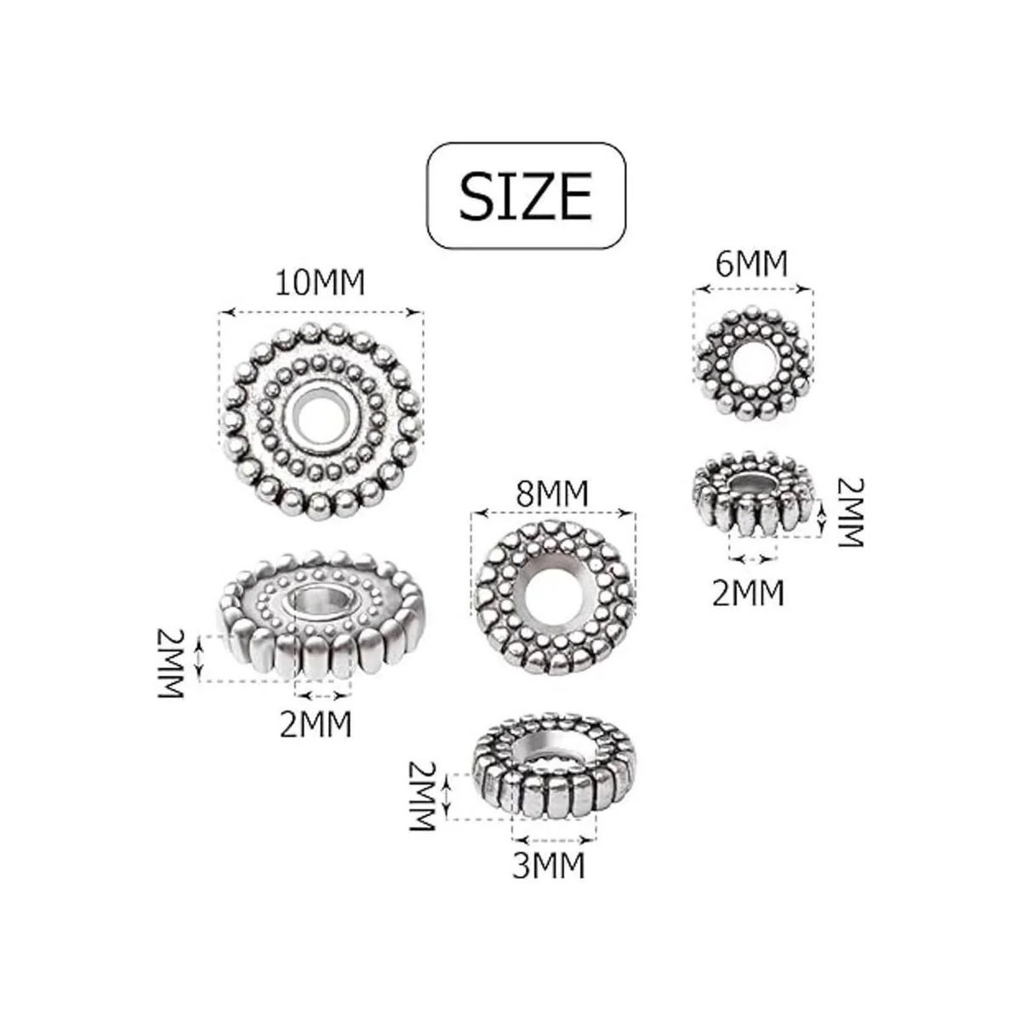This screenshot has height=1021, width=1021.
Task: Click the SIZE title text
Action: click(x=525, y=196)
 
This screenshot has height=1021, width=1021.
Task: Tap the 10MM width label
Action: click(x=320, y=283)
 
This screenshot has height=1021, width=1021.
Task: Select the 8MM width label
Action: click(x=553, y=493)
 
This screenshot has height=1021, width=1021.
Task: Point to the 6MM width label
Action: click(x=752, y=264)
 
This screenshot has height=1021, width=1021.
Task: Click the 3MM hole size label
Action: click(x=549, y=866)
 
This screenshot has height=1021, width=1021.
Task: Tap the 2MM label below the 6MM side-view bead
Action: click(x=748, y=593)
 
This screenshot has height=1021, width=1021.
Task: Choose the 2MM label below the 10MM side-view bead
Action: click(x=316, y=724)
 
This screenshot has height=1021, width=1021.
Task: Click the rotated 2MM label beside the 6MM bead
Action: click(x=852, y=512)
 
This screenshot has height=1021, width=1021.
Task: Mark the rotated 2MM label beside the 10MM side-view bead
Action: click(x=171, y=664)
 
